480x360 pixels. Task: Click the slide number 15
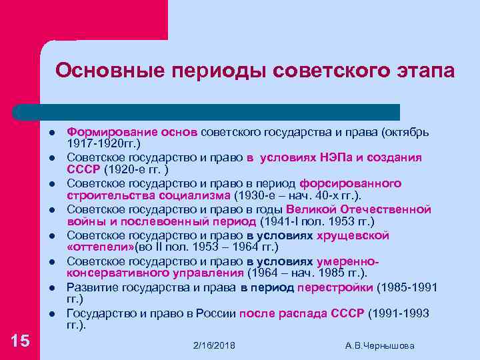coord(21,341)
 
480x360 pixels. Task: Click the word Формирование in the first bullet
coord(110,131)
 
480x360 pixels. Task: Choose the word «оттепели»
coord(101,247)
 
